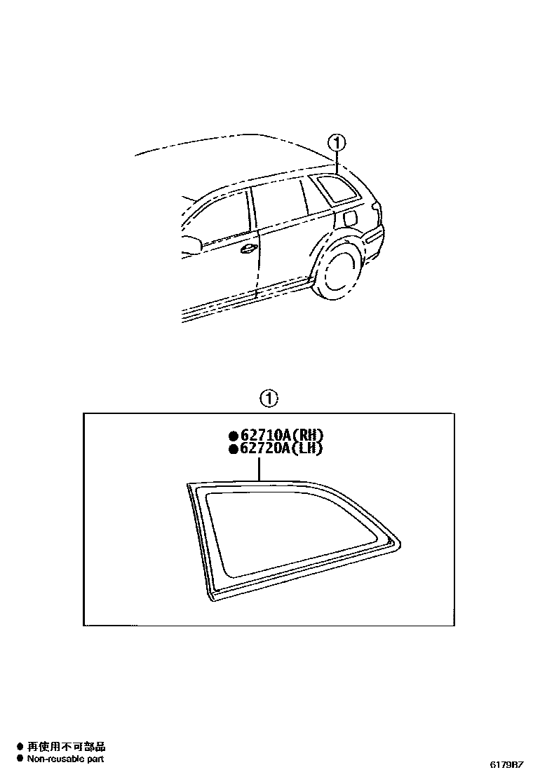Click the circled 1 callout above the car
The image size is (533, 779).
click(338, 144)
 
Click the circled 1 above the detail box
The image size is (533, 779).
click(269, 399)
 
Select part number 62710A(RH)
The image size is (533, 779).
click(281, 435)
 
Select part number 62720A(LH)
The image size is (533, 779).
click(281, 449)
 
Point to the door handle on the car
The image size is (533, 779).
click(248, 249)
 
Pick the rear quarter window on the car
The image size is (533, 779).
click(335, 189)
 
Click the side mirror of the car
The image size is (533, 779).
click(191, 244)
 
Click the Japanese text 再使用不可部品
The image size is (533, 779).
click(66, 747)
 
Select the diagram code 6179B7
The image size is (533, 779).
click(506, 764)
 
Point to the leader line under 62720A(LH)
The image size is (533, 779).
click(259, 468)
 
